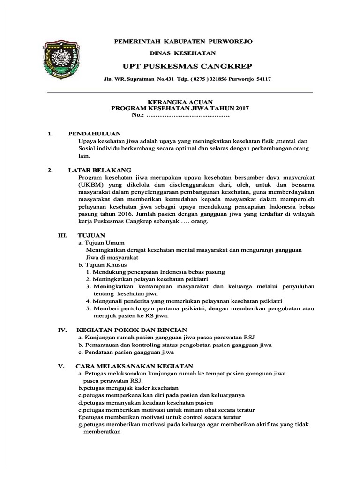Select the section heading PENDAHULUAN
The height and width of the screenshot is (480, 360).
(94, 134)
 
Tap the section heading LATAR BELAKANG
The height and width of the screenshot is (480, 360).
(99, 170)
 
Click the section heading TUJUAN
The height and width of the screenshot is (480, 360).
(92, 235)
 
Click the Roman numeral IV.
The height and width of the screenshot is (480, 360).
(63, 330)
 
